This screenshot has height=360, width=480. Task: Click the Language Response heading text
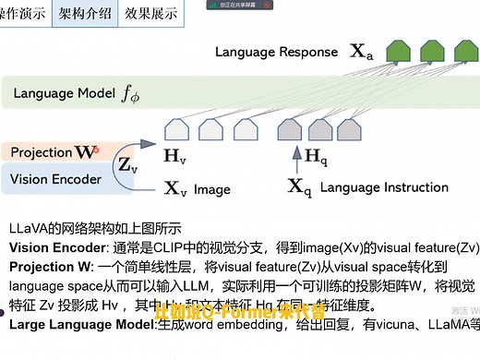(x=277, y=53)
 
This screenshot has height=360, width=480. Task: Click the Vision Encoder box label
(x=55, y=175)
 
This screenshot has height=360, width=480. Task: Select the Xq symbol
(x=298, y=186)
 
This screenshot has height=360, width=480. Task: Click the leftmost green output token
(x=396, y=52)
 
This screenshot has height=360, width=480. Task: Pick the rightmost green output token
(x=464, y=52)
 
